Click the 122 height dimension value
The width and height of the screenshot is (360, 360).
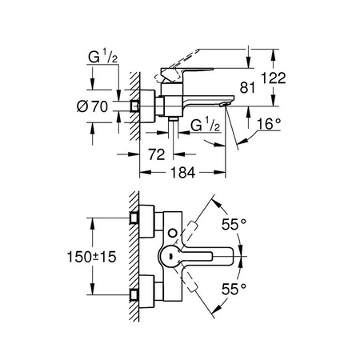pos(273,78)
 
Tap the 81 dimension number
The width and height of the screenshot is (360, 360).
pos(247,88)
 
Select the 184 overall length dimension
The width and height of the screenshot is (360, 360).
pos(183,173)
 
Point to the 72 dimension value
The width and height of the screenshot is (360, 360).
pos(157,154)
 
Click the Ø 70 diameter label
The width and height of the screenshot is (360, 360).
pos(92,106)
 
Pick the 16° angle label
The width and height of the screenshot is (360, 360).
pos(269,124)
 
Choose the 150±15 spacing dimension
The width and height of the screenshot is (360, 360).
pos(91,257)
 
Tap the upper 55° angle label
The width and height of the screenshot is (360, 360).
pos(234,224)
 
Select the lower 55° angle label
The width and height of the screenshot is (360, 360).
pos(234,289)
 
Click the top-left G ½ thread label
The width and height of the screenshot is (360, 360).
pos(102,57)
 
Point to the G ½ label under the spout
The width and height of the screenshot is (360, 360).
pos(206,125)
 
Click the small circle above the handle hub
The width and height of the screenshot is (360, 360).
pos(173,233)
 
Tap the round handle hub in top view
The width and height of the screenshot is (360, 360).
pos(170,256)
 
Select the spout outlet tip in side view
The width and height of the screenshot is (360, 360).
pos(224,105)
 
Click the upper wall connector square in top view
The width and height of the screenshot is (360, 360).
pos(134,218)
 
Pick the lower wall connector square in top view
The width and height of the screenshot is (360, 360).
pos(134,295)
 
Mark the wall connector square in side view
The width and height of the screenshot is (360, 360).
pos(134,106)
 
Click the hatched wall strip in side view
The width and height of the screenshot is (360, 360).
pos(134,106)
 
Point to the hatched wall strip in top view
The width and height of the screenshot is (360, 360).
pos(134,256)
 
